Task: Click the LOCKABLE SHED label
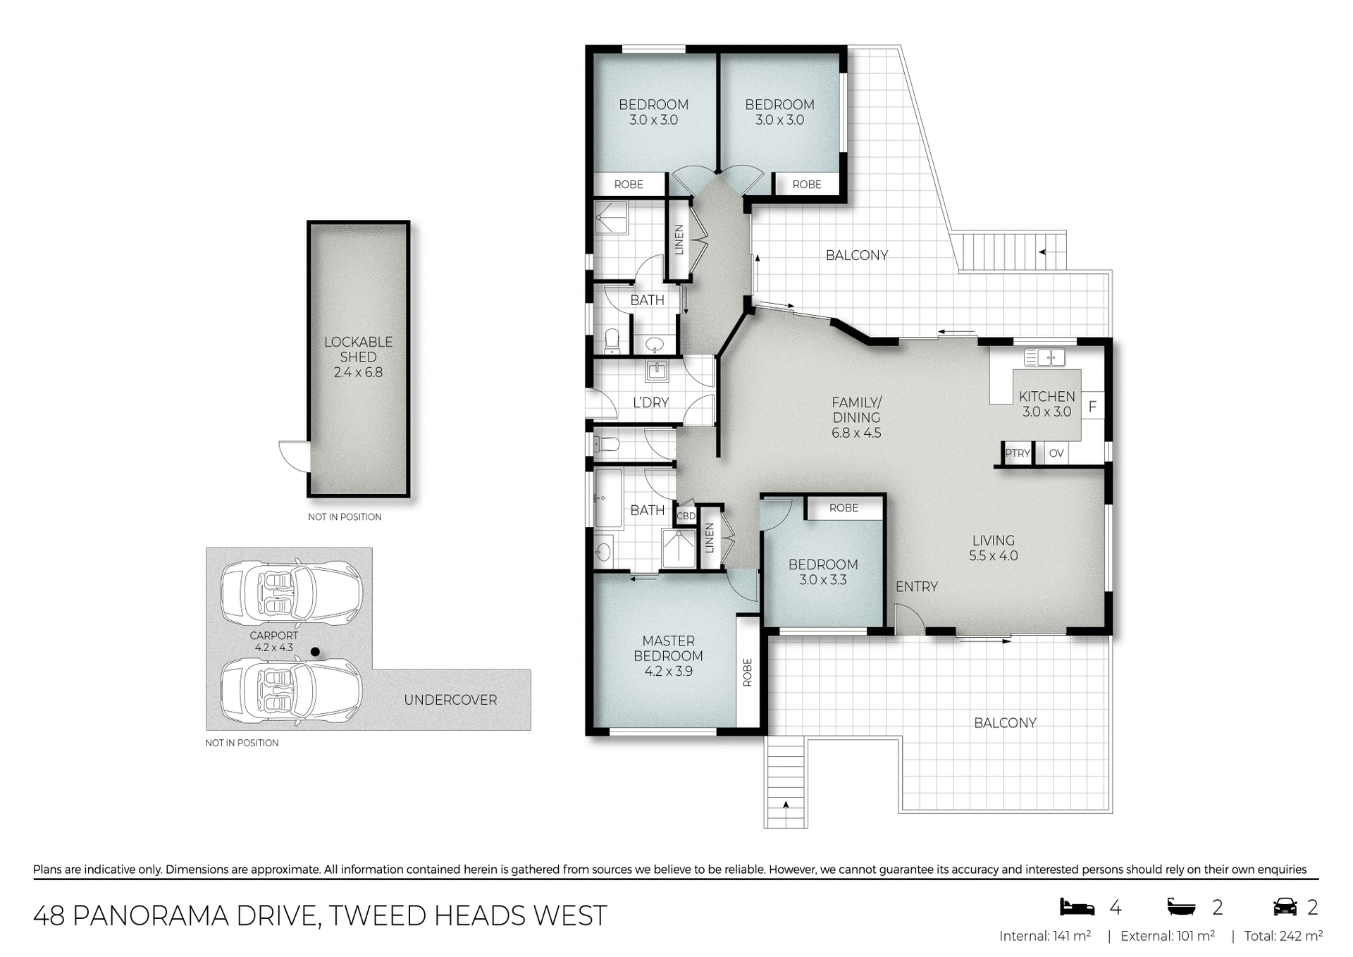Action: point(358,357)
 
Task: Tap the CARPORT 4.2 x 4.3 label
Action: point(273,641)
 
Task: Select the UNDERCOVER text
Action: point(450,700)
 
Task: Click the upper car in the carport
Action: point(291,593)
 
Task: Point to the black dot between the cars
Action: point(316,652)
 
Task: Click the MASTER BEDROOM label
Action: point(668,655)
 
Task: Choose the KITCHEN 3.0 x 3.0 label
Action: point(1046,404)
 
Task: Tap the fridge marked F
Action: point(1092,407)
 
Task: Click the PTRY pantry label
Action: point(1017,453)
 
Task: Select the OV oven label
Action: point(1056,453)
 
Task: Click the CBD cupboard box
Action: point(686,516)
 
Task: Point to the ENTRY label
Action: point(916,586)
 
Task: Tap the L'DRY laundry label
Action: point(650,402)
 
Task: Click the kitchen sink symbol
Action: point(1044,357)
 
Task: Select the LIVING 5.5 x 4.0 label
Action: point(993,548)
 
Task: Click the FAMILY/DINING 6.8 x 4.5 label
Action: point(856,417)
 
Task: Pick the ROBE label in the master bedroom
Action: point(748,672)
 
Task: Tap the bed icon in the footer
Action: point(1077,907)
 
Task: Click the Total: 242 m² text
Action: point(1283,936)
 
